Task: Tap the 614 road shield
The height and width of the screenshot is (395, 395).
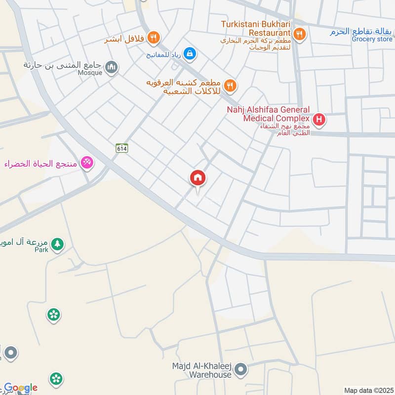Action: pos(122,148)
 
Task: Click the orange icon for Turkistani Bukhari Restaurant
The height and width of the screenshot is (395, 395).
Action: pos(299,34)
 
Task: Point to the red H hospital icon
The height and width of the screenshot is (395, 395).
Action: pos(319,119)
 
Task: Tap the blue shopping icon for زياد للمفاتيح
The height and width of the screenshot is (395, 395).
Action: pos(189,52)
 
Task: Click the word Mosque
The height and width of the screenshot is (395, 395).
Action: pos(90,73)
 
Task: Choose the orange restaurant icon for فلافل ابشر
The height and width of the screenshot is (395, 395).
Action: pos(154,37)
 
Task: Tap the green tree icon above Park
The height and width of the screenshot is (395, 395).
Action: pos(58,244)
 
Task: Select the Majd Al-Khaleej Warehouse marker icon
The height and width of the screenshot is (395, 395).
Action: pos(240,369)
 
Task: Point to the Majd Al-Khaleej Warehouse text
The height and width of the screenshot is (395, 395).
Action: pos(201,370)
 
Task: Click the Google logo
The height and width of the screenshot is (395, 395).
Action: pos(21,388)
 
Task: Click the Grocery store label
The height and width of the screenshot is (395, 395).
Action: pos(372,39)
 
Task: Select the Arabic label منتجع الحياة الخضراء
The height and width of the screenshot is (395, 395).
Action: pos(43,163)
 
